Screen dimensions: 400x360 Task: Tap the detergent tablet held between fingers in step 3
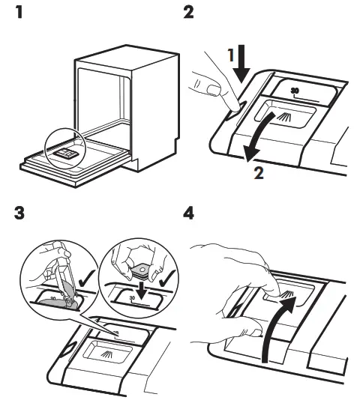click(141, 265)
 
